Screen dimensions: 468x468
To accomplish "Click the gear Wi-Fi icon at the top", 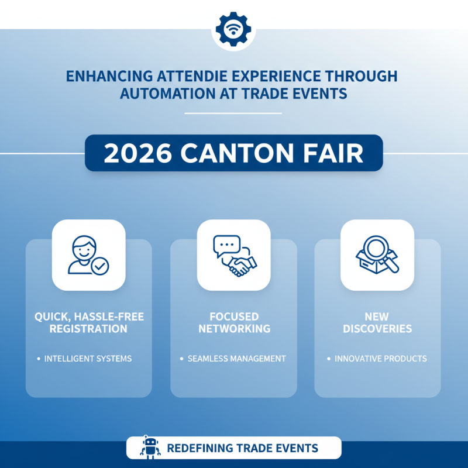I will pyautogui.click(x=233, y=29).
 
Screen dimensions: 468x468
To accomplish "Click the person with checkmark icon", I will pyautogui.click(x=88, y=255).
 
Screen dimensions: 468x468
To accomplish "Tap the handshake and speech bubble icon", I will pyautogui.click(x=233, y=255).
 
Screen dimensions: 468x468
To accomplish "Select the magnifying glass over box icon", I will pyautogui.click(x=377, y=255).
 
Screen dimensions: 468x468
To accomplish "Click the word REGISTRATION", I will pyautogui.click(x=88, y=329).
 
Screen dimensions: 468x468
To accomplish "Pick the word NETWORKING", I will pyautogui.click(x=234, y=329).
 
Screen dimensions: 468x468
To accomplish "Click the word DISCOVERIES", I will pyautogui.click(x=377, y=329).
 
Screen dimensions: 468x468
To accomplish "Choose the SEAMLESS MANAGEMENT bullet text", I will pyautogui.click(x=236, y=358).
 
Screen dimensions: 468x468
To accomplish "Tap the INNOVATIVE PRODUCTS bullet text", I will pyautogui.click(x=380, y=358).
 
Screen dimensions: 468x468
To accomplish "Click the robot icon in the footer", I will pyautogui.click(x=150, y=448).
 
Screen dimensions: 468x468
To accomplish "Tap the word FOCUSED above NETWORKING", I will pyautogui.click(x=234, y=316).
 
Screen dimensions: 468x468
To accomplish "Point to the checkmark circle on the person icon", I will pyautogui.click(x=101, y=266).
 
